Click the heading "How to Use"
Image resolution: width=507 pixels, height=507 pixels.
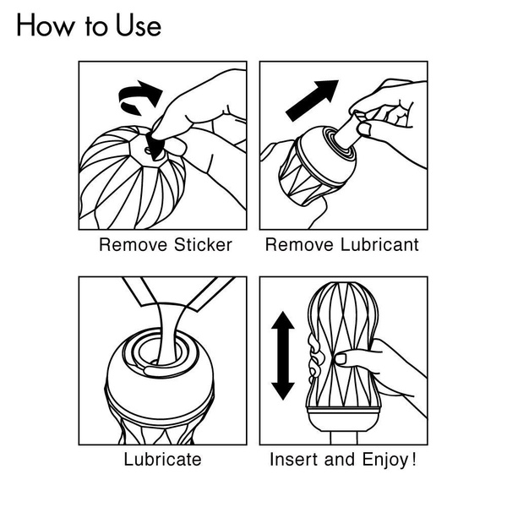click(88, 26)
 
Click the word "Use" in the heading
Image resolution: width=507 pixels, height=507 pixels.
click(134, 26)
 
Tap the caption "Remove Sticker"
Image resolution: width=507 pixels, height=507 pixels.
click(166, 246)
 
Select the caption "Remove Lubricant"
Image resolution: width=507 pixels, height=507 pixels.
click(342, 246)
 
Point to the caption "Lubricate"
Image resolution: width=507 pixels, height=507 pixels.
click(162, 461)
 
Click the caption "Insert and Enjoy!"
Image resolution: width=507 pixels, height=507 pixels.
click(343, 461)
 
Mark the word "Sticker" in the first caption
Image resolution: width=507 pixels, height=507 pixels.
click(202, 246)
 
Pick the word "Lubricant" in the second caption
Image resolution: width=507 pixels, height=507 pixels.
click(377, 246)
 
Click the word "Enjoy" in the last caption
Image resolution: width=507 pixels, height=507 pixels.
click(384, 461)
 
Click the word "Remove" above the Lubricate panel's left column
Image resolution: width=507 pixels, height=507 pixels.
click(127, 246)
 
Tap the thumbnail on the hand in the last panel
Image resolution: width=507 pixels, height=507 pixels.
click(341, 359)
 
